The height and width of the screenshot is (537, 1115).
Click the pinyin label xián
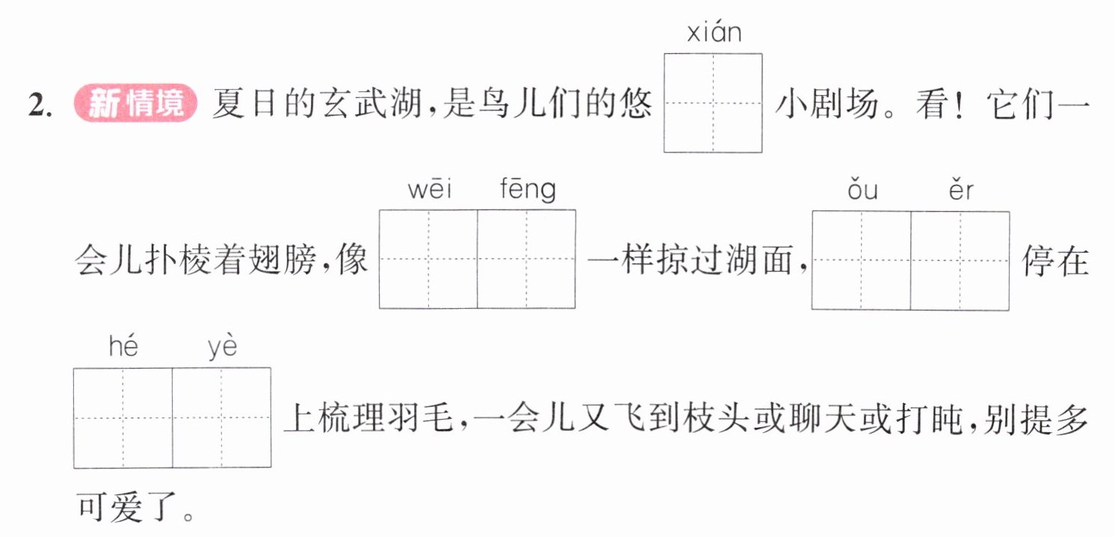point(714,32)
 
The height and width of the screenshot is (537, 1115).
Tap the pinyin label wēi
point(430,189)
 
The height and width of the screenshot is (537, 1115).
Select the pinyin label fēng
point(528,190)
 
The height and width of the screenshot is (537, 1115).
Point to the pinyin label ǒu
point(862,189)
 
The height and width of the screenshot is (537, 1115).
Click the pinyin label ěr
point(961,189)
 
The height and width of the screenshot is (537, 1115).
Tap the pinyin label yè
point(222,347)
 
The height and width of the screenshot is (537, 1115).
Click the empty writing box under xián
point(713,103)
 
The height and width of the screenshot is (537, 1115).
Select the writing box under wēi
point(428,259)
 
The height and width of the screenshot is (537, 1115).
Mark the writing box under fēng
point(527,259)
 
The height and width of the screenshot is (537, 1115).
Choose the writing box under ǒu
point(862,260)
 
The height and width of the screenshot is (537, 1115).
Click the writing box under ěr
point(960,260)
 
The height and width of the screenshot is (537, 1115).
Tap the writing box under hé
point(123,418)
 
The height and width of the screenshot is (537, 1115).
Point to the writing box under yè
point(222,418)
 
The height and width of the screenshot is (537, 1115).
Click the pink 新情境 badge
point(135,103)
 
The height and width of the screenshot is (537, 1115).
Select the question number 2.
point(40,105)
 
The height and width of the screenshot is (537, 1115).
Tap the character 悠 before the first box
point(635,104)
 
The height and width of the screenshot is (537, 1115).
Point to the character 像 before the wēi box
point(351,260)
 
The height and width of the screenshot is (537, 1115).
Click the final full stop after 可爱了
point(188,516)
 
